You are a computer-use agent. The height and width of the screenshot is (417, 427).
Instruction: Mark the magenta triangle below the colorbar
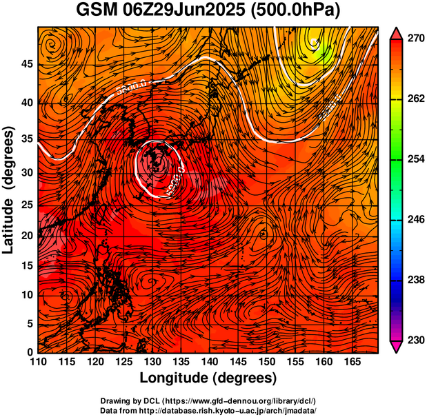pyautogui.click(x=397, y=346)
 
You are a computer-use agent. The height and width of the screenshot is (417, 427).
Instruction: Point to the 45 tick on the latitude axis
pyautogui.click(x=28, y=64)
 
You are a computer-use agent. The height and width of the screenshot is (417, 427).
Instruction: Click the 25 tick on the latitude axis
pyautogui.click(x=28, y=205)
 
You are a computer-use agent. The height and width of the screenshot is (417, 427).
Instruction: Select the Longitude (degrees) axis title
pyautogui.click(x=208, y=378)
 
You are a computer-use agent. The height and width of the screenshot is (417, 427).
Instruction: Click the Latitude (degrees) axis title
pyautogui.click(x=10, y=190)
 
